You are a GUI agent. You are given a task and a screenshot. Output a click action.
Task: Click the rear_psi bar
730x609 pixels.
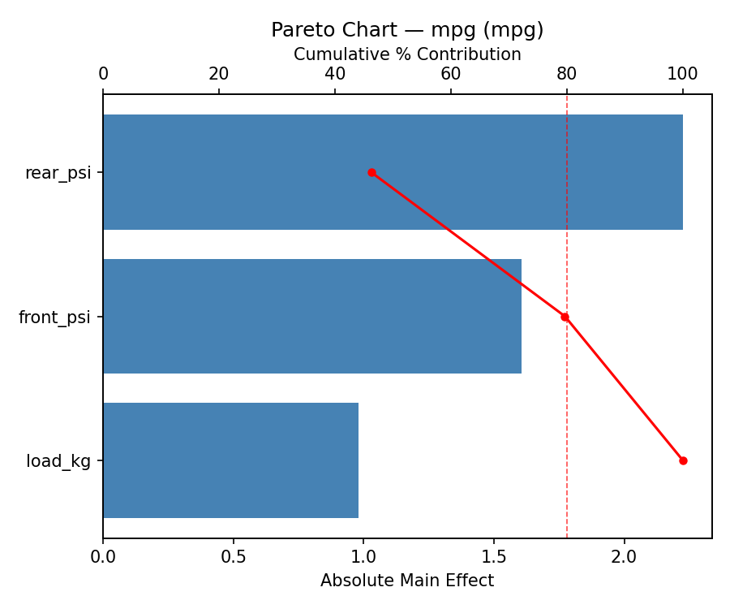click(393, 172)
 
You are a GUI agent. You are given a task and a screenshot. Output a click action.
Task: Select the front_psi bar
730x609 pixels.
click(312, 317)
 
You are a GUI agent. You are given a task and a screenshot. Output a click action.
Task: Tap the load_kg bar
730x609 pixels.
click(230, 460)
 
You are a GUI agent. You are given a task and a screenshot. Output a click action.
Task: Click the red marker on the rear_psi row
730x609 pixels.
click(371, 172)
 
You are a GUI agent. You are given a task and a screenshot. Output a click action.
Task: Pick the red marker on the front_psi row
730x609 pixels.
click(565, 317)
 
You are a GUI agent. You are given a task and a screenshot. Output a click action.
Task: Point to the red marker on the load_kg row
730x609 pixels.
click(683, 460)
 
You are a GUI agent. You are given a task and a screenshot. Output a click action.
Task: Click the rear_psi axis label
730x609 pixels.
click(58, 173)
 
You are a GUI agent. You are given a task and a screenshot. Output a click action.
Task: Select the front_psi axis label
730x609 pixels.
click(54, 317)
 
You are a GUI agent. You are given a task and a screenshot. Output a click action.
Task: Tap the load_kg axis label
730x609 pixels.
click(58, 461)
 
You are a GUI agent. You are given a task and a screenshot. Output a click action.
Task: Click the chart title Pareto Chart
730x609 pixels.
click(407, 30)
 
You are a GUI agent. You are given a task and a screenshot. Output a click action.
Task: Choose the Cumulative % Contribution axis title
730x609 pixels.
click(407, 54)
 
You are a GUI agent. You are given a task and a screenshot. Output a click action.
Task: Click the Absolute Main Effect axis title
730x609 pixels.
click(407, 581)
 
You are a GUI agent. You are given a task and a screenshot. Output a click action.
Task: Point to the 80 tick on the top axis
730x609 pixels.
click(567, 75)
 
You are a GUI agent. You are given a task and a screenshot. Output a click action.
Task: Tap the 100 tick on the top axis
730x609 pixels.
click(682, 75)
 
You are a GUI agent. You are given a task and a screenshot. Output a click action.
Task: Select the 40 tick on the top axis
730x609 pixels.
click(335, 75)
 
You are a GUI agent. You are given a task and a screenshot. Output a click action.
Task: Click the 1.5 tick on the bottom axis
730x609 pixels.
click(494, 557)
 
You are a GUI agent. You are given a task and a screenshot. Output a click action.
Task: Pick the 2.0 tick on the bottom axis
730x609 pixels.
click(625, 557)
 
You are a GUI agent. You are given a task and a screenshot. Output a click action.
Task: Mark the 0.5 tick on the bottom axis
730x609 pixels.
click(234, 557)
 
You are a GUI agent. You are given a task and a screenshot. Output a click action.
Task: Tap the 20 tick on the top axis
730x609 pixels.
click(219, 75)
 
